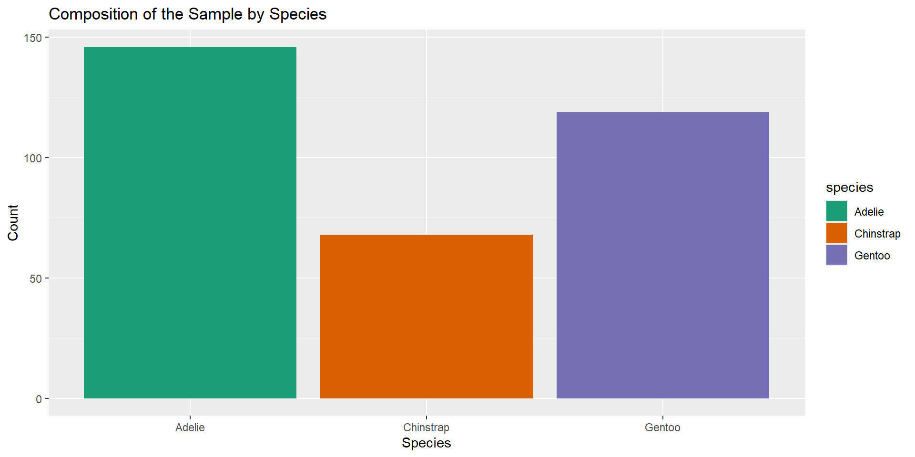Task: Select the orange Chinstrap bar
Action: [x=426, y=316]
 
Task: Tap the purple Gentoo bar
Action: [x=662, y=255]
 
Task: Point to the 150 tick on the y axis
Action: [x=33, y=38]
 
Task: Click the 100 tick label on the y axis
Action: [x=33, y=158]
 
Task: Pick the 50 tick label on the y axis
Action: [x=36, y=278]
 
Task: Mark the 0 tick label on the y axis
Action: [x=39, y=399]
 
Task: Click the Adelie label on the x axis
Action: [x=190, y=427]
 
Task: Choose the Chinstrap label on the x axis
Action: [x=426, y=427]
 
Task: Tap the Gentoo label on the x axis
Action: [x=662, y=427]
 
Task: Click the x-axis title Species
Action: [x=426, y=443]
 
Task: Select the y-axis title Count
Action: [x=13, y=222]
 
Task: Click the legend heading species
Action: [x=849, y=188]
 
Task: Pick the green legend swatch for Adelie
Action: [x=836, y=211]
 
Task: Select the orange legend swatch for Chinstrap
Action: [x=836, y=233]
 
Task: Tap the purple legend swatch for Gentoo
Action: [x=836, y=255]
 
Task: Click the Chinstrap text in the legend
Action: [x=877, y=234]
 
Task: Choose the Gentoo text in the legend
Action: [x=872, y=256]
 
